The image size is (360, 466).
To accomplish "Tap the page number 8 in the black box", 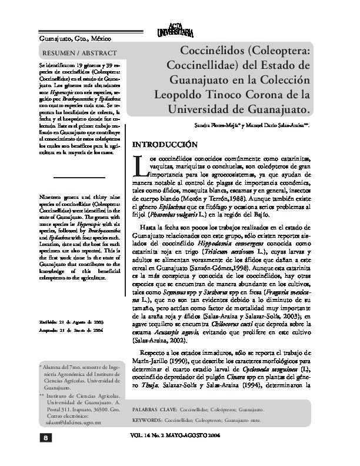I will tap(44, 437).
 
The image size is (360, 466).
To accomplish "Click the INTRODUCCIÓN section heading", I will tap(162, 144).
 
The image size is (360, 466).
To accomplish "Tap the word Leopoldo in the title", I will tap(177, 94).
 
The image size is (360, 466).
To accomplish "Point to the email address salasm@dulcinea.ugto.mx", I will tap(75, 422).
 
